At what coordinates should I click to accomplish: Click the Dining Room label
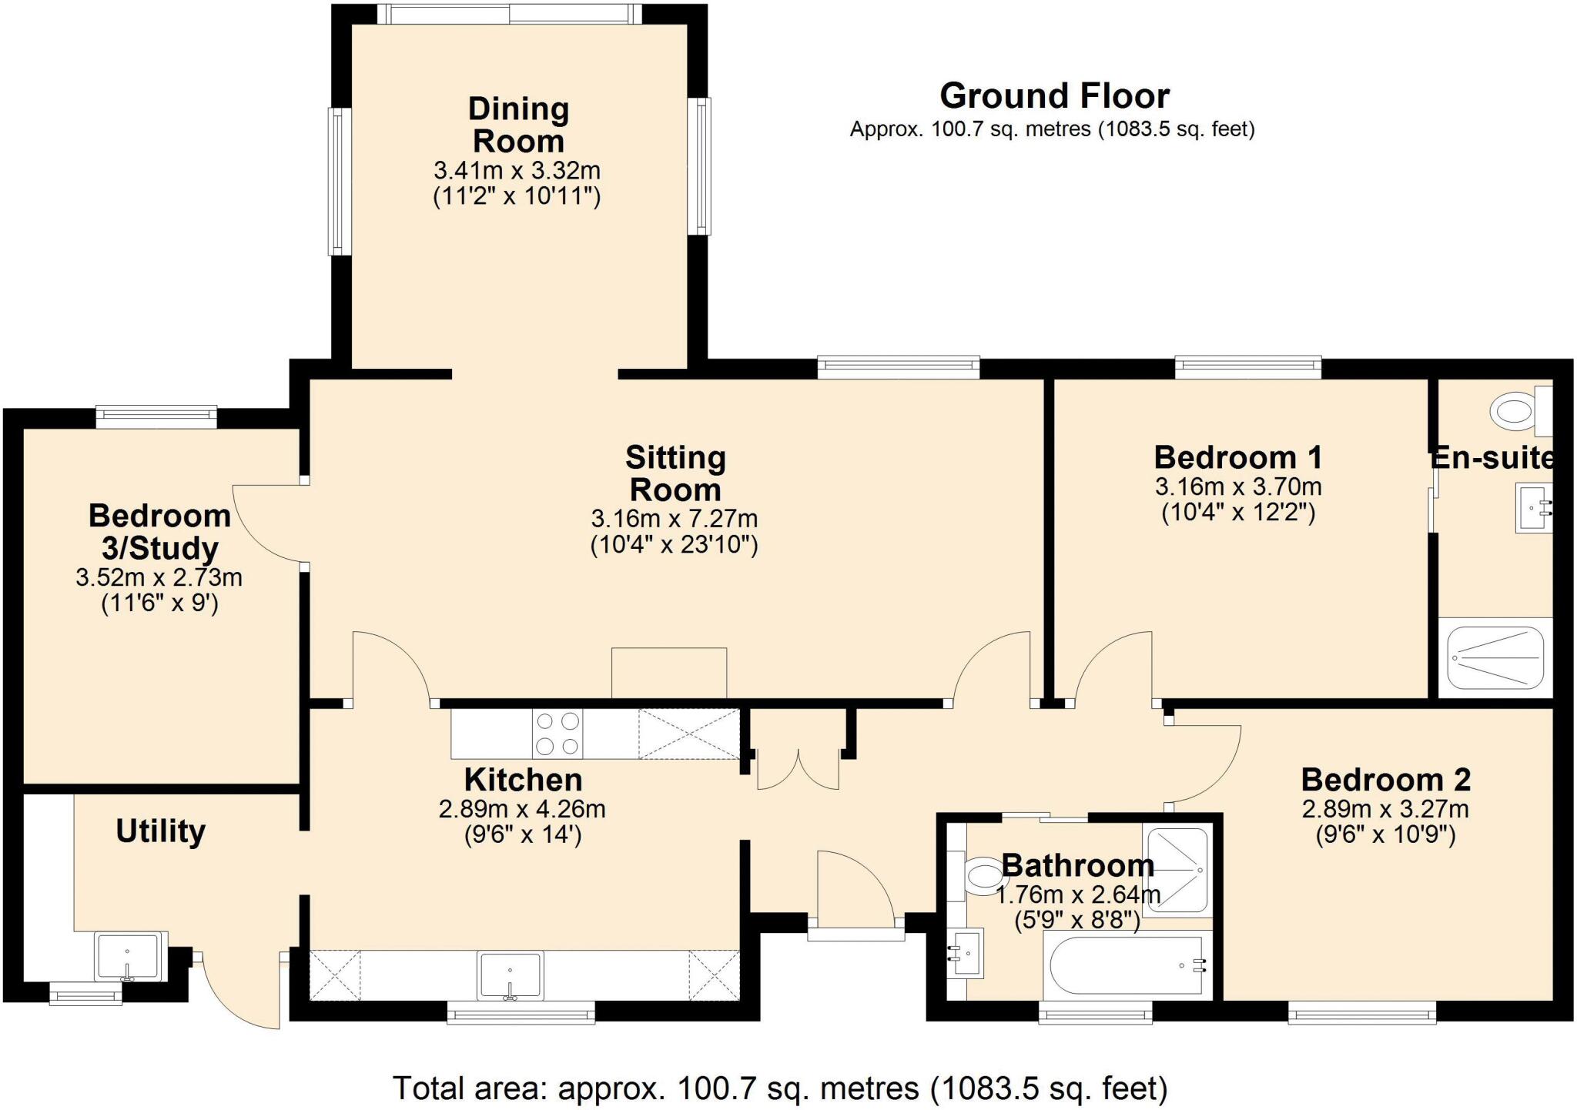518,125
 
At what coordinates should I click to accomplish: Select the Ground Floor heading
1054,96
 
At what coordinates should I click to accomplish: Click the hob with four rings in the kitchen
557,734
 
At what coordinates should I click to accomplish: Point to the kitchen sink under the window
509,975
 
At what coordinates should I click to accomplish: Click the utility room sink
129,955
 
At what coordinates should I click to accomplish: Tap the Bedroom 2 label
1385,780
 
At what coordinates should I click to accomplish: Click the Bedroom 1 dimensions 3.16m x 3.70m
1238,486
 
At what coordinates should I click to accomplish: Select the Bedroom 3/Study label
160,532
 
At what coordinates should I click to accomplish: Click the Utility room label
161,831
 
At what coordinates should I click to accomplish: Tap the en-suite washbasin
1532,507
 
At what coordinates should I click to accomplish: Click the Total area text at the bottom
780,1088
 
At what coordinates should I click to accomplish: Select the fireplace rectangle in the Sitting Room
668,673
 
